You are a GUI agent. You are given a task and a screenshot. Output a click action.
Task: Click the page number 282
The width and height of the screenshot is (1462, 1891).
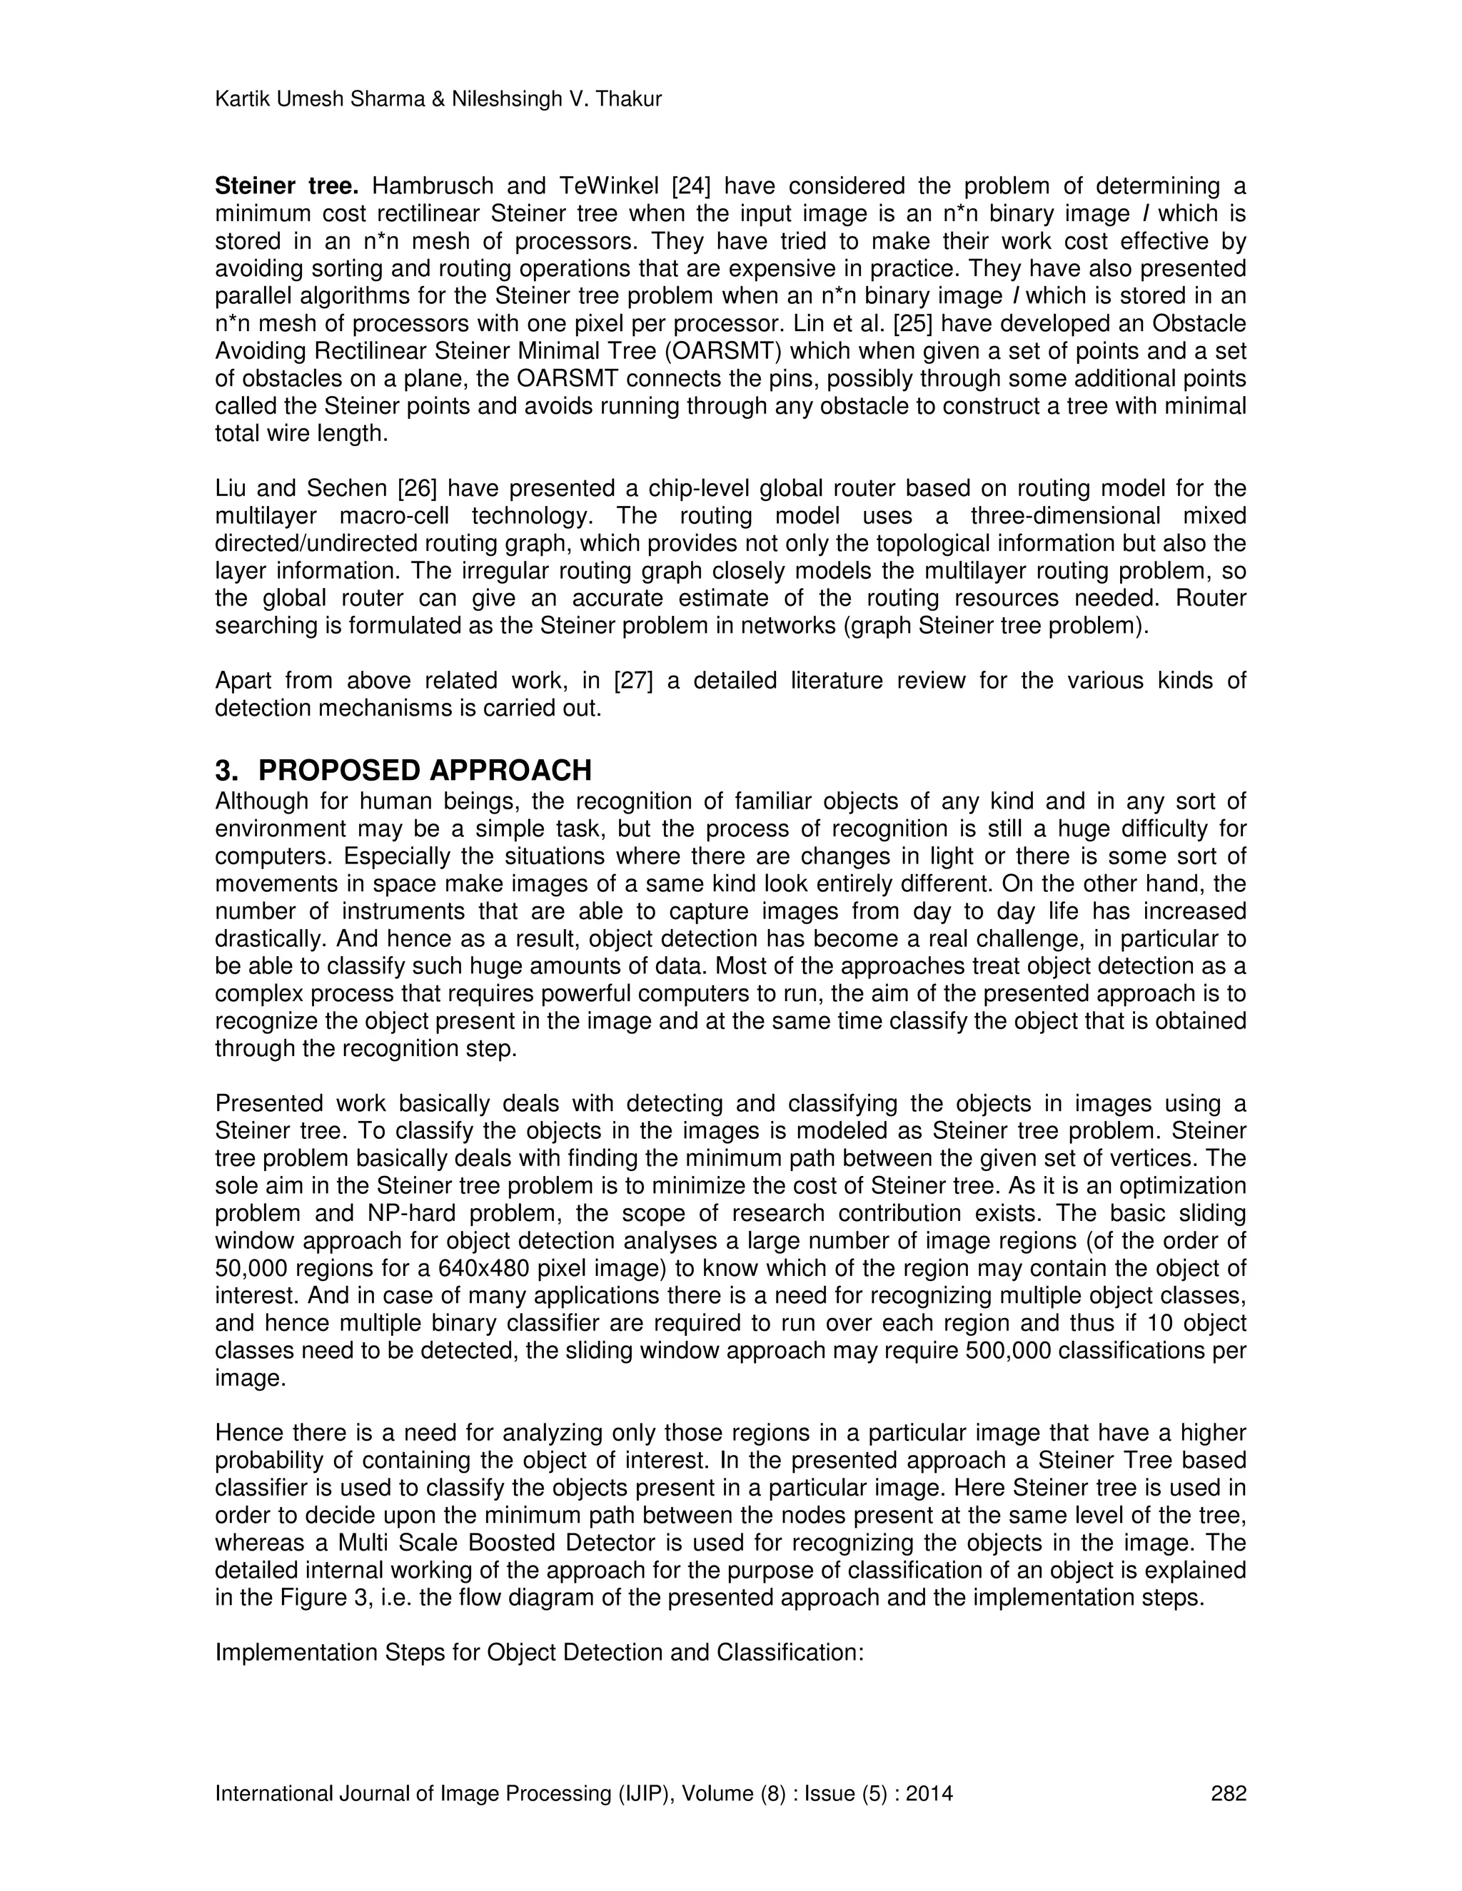point(1227,1793)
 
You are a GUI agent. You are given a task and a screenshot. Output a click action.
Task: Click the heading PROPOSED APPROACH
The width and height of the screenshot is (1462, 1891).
point(425,770)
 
